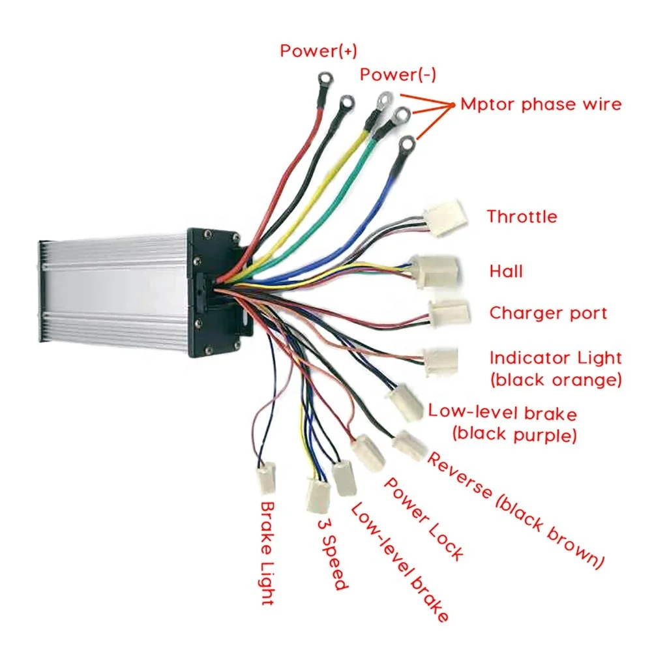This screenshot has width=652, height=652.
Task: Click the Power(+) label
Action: coord(318,51)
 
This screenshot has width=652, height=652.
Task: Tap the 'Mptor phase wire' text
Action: coord(541,104)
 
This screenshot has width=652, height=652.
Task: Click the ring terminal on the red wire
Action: coord(323,81)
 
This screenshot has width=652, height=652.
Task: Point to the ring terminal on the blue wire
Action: coord(407,143)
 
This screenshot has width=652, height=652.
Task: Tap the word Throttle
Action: coord(522,216)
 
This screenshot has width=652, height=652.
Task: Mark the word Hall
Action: coord(506,271)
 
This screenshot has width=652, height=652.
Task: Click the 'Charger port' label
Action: coord(548,313)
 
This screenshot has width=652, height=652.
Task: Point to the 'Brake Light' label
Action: coord(266,553)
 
